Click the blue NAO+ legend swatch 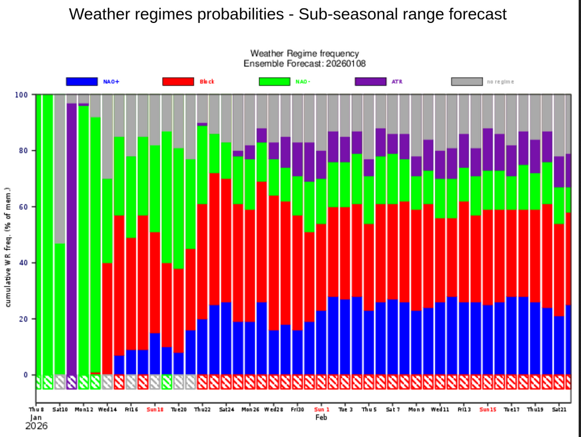81,81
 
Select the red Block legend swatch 177,81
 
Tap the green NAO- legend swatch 274,81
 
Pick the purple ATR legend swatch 370,81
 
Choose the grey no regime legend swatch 467,81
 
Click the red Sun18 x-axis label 155,409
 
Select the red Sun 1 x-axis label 322,409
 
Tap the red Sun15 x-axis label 488,409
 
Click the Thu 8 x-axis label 37,409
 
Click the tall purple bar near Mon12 72,236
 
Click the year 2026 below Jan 36,425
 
